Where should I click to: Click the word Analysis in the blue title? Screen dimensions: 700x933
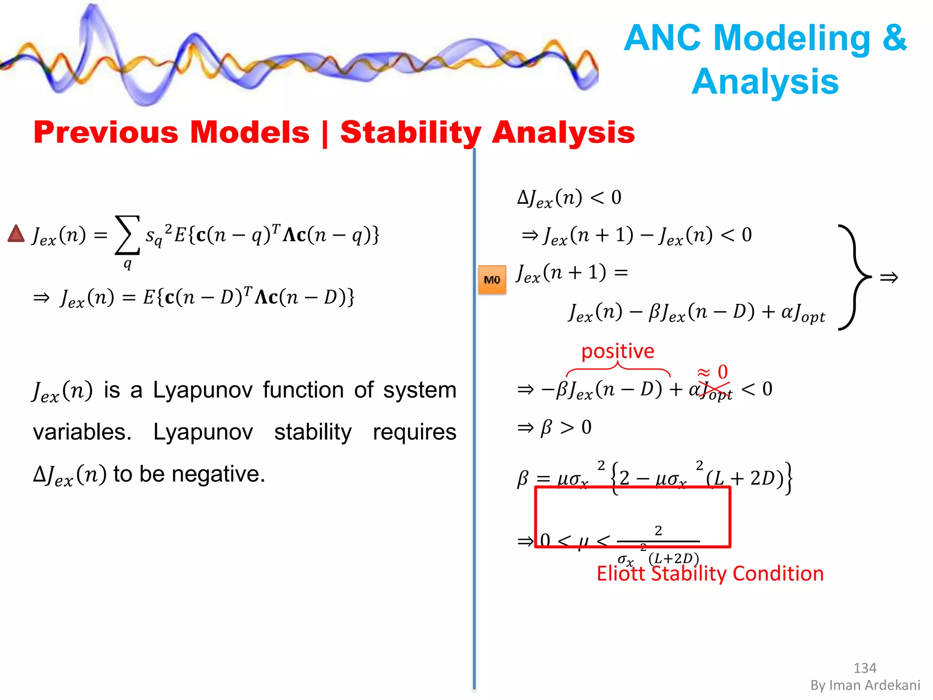(x=765, y=82)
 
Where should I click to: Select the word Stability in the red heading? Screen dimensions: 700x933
(x=410, y=133)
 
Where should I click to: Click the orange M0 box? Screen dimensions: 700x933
(x=492, y=280)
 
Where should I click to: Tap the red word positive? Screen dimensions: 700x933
(x=618, y=351)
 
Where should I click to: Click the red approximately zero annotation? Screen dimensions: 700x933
(x=713, y=372)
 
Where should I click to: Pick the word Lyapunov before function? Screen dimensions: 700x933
(x=202, y=390)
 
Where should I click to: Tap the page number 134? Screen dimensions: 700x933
(x=865, y=668)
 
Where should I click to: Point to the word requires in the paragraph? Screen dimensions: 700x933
(x=414, y=432)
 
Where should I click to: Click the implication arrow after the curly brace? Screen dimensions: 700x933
(x=889, y=278)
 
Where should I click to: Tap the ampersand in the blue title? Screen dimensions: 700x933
(x=895, y=38)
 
